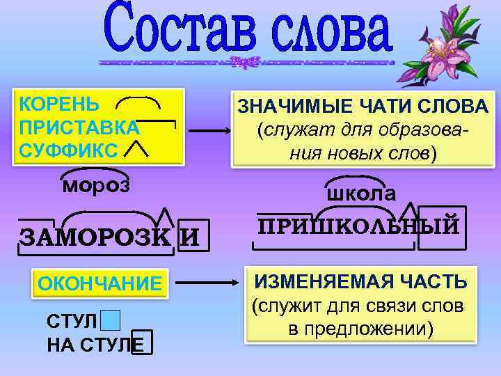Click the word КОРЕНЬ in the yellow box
[x=60, y=105]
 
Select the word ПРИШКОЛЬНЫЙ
[x=358, y=226]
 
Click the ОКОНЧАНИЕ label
[x=100, y=285]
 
